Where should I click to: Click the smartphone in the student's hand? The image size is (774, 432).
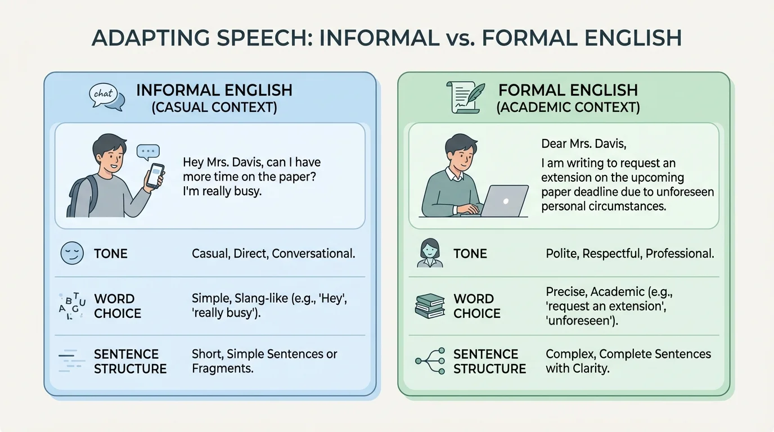coord(155,174)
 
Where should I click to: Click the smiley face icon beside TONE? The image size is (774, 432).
coord(71,253)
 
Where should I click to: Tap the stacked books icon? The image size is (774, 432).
coord(430,305)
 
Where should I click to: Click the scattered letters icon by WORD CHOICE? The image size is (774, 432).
coord(71,305)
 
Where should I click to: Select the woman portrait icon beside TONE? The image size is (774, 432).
coord(430,253)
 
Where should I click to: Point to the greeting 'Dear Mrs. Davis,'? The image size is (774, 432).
coord(583,143)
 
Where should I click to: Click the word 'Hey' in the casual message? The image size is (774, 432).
coord(193,163)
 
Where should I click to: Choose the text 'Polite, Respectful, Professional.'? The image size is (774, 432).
coord(629,254)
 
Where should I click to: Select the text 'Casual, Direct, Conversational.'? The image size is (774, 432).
coord(273,254)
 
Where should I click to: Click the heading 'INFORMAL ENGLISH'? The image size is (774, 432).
coord(214,90)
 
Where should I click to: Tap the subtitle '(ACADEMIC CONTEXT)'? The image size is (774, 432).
coord(568,107)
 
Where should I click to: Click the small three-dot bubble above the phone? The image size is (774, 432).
coord(148,151)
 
